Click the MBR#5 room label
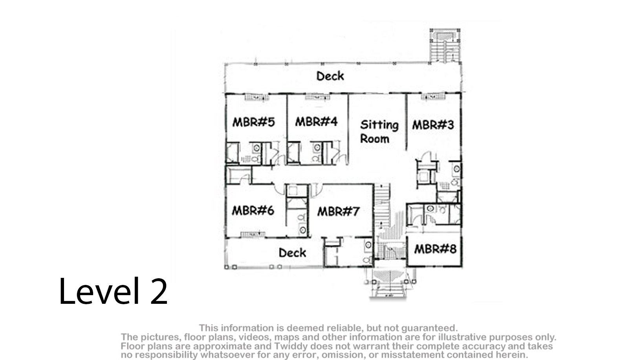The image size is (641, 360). click(254, 122)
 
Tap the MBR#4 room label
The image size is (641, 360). click(316, 121)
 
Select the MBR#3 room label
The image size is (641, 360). click(433, 125)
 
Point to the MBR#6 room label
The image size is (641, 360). click(253, 211)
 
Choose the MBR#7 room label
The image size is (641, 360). click(338, 211)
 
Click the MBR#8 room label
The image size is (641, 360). click(435, 249)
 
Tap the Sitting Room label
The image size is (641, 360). click(379, 132)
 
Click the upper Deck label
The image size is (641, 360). click(330, 76)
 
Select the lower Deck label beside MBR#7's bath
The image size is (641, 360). click(292, 253)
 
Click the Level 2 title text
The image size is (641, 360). click(113, 291)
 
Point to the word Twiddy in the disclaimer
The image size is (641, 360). click(290, 346)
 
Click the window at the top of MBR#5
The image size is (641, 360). click(257, 97)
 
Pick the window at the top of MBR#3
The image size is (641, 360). click(433, 97)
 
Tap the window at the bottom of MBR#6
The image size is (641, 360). click(253, 235)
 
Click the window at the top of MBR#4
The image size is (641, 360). click(317, 97)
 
